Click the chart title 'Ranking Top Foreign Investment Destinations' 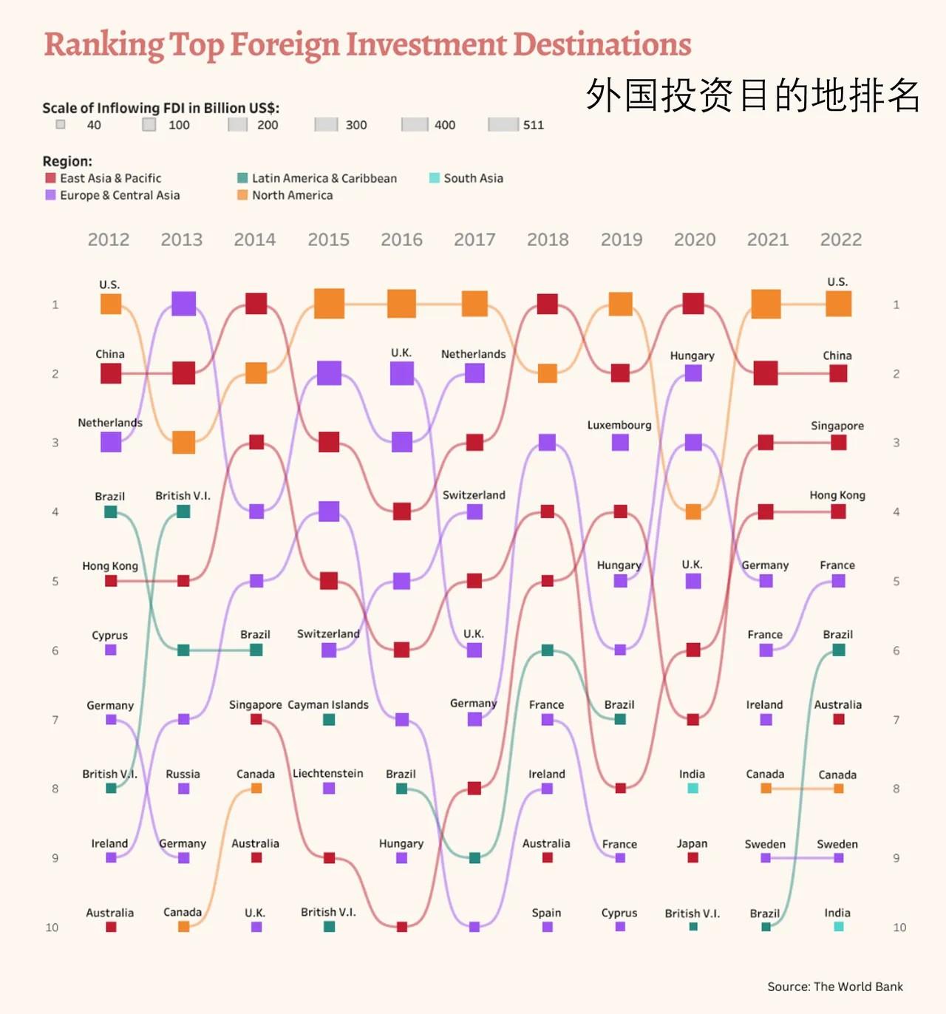(x=367, y=44)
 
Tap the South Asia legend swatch (x=435, y=178)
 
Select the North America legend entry (x=285, y=195)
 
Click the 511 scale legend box (x=503, y=125)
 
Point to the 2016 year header (x=401, y=239)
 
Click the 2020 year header (x=695, y=239)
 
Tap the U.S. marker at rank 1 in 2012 (x=111, y=304)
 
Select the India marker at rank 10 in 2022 (x=838, y=927)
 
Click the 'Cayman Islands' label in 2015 (x=328, y=705)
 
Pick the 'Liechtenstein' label (x=328, y=774)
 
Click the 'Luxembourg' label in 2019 (x=619, y=426)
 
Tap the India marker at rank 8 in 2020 (x=693, y=789)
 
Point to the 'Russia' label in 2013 (x=183, y=775)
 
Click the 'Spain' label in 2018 (x=546, y=913)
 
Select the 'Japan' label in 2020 (x=692, y=844)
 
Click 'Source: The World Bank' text (x=834, y=987)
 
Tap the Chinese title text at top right (x=752, y=95)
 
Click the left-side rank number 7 (x=55, y=720)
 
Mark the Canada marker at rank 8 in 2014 (x=256, y=789)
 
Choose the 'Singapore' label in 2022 (x=837, y=426)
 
